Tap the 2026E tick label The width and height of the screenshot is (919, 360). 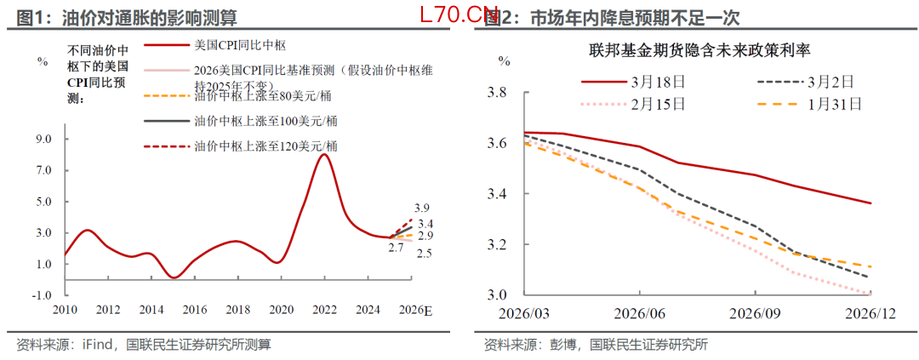tap(415, 308)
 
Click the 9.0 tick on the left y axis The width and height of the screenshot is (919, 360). tap(43, 139)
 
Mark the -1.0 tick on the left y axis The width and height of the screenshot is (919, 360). tap(42, 295)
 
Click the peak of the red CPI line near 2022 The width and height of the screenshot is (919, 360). tap(324, 154)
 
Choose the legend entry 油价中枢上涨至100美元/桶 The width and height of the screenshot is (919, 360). tap(243, 121)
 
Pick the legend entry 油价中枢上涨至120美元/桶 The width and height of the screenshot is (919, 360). tap(243, 146)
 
